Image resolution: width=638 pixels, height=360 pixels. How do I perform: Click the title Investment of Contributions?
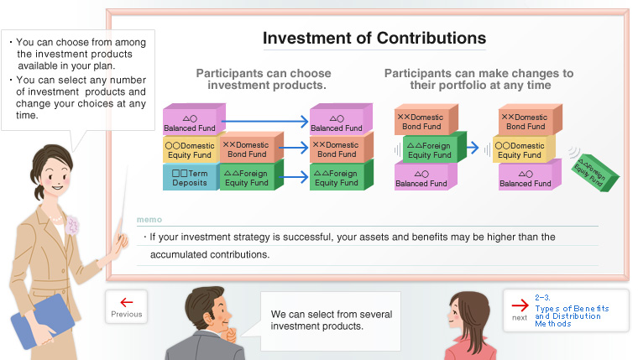[x=374, y=39]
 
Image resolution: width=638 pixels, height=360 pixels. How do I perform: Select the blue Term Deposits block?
[x=189, y=177]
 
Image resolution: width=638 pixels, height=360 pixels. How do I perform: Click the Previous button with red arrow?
[x=126, y=307]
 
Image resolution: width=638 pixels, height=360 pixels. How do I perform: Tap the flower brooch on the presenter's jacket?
[x=72, y=224]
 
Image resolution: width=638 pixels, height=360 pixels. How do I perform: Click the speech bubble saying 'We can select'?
[x=331, y=320]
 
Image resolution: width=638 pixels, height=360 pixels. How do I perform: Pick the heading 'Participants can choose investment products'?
[x=264, y=79]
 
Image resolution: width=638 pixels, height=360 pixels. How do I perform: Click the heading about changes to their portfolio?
[x=478, y=79]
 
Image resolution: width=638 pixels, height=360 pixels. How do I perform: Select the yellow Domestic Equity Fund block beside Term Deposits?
[x=189, y=149]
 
